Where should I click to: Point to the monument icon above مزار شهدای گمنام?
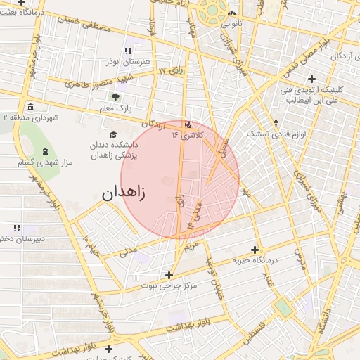tap(46, 152)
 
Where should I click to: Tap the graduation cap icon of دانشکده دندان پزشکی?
tap(112, 135)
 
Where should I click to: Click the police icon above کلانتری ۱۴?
tap(187, 126)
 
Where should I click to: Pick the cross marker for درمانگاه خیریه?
tap(255, 250)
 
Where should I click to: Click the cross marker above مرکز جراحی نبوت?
tap(168, 275)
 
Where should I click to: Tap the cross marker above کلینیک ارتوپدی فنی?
tap(311, 79)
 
